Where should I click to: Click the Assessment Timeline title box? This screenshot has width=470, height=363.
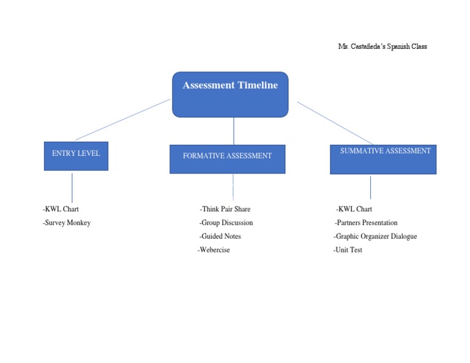(x=230, y=94)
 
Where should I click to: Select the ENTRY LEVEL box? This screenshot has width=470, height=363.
(x=76, y=156)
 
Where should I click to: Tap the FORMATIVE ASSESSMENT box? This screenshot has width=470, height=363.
(x=227, y=159)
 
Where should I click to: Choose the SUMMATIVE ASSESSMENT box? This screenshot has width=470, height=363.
(x=383, y=159)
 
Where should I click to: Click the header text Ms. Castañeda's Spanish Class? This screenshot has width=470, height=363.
(x=382, y=46)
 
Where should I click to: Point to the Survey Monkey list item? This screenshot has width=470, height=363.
(x=67, y=222)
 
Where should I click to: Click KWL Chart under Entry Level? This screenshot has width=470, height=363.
(x=61, y=209)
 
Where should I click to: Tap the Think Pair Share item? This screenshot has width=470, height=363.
(x=225, y=209)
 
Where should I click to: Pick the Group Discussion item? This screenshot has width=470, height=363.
(x=226, y=222)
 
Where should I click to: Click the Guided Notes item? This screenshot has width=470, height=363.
(x=220, y=236)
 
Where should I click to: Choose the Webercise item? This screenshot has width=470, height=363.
(x=214, y=250)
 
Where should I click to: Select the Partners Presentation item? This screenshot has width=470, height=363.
(x=366, y=222)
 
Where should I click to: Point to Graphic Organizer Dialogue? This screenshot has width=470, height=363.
(x=375, y=236)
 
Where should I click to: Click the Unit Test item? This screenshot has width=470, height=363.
(x=348, y=250)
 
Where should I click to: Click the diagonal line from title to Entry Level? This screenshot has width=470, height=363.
(x=122, y=120)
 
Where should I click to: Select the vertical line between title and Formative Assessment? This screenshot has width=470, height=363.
(x=234, y=131)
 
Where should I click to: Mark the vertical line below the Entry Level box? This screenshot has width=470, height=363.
(x=72, y=188)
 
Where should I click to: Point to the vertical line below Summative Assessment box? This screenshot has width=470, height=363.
(x=370, y=188)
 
